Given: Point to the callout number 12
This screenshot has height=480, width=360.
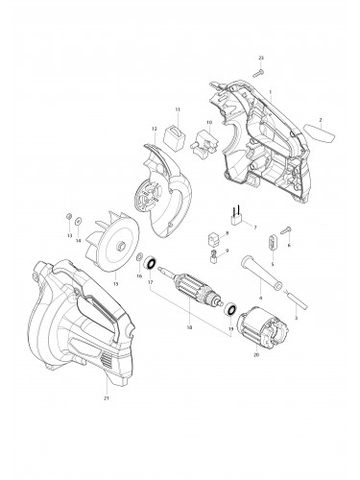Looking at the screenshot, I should (x=153, y=128).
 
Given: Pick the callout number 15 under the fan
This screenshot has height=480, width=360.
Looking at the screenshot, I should (x=117, y=285).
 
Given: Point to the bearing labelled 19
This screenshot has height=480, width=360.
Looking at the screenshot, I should (x=231, y=309).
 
